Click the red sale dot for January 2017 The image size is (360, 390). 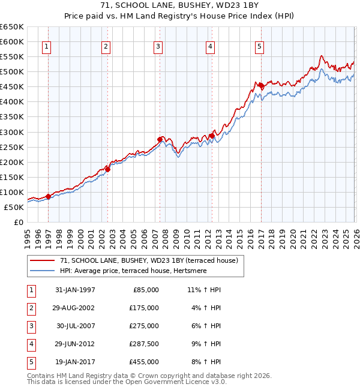tap(260, 85)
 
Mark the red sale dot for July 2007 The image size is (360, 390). tap(160, 139)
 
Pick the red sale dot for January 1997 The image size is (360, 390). tap(49, 196)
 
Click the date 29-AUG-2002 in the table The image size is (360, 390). tap(75, 308)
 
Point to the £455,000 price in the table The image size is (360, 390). tap(144, 362)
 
